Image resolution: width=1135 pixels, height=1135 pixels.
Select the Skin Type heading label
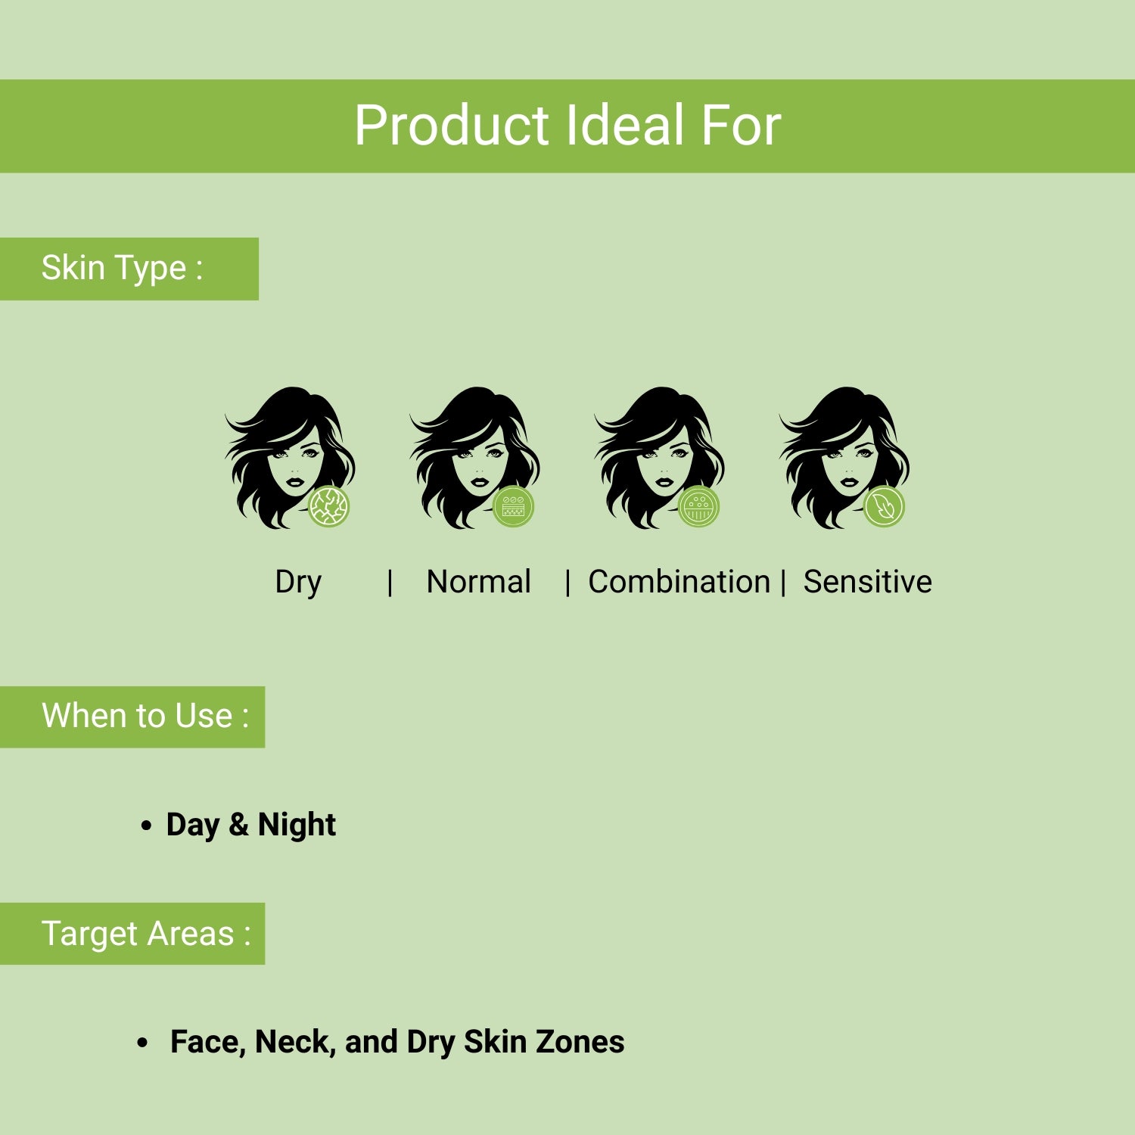point(122,269)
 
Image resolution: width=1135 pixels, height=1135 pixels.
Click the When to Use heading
point(145,716)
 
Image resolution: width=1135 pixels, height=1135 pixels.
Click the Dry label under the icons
point(298,583)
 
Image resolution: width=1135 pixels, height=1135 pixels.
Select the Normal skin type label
point(478,582)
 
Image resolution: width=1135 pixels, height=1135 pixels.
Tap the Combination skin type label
point(679,582)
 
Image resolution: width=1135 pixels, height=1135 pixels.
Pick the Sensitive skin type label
point(867,582)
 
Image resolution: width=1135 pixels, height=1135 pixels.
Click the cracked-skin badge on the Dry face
point(329,506)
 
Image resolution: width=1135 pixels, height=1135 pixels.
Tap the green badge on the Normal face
point(514,506)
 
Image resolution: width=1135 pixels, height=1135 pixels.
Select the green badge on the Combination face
point(698,506)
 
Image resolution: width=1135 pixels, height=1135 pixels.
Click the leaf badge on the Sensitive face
point(884,506)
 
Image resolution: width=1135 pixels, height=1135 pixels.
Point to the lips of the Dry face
point(294,481)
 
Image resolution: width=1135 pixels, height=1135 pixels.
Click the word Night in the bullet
point(297,825)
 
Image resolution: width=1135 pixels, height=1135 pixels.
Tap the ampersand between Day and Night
point(238,824)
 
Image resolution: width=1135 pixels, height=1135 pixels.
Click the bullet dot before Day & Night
point(146,826)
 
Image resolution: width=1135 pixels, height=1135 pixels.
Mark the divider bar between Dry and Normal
point(390,583)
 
